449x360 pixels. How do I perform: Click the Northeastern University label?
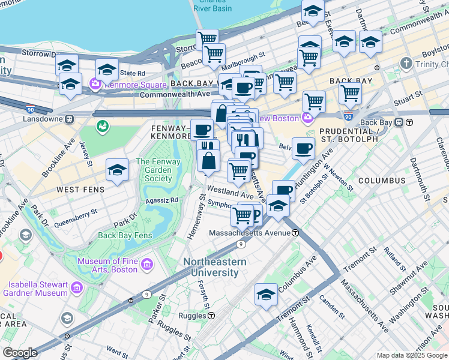214,267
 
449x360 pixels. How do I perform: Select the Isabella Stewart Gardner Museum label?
35,288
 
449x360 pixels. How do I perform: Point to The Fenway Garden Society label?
154,170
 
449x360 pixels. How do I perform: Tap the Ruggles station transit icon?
211,315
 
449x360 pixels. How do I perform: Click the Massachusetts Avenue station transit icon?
296,233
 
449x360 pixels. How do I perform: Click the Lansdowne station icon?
70,118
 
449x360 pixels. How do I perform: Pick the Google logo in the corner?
20,353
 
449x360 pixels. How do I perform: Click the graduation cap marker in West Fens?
117,171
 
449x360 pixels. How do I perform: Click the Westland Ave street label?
230,196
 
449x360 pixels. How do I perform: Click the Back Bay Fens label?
123,235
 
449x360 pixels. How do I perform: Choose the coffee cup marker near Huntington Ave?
304,149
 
